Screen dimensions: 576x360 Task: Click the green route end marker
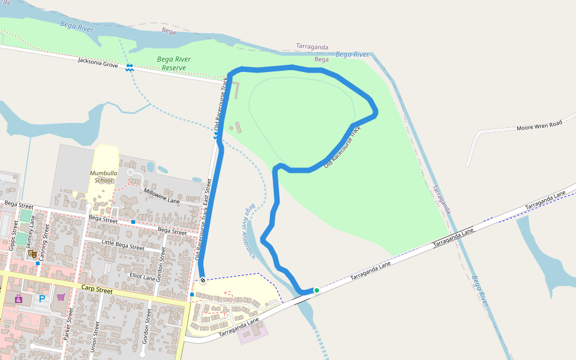(x=317, y=290)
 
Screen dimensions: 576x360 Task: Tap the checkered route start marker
(x=203, y=280)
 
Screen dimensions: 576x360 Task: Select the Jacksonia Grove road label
(x=98, y=61)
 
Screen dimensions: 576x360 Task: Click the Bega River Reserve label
(x=174, y=63)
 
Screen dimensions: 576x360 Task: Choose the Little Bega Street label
(x=123, y=245)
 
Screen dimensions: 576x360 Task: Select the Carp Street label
(x=97, y=290)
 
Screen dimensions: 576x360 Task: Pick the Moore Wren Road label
(x=539, y=126)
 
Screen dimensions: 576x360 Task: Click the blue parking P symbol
(x=42, y=298)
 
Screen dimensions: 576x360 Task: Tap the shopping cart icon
(x=61, y=297)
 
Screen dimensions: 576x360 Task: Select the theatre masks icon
(x=32, y=254)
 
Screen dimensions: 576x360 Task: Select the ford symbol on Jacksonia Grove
(x=130, y=67)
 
